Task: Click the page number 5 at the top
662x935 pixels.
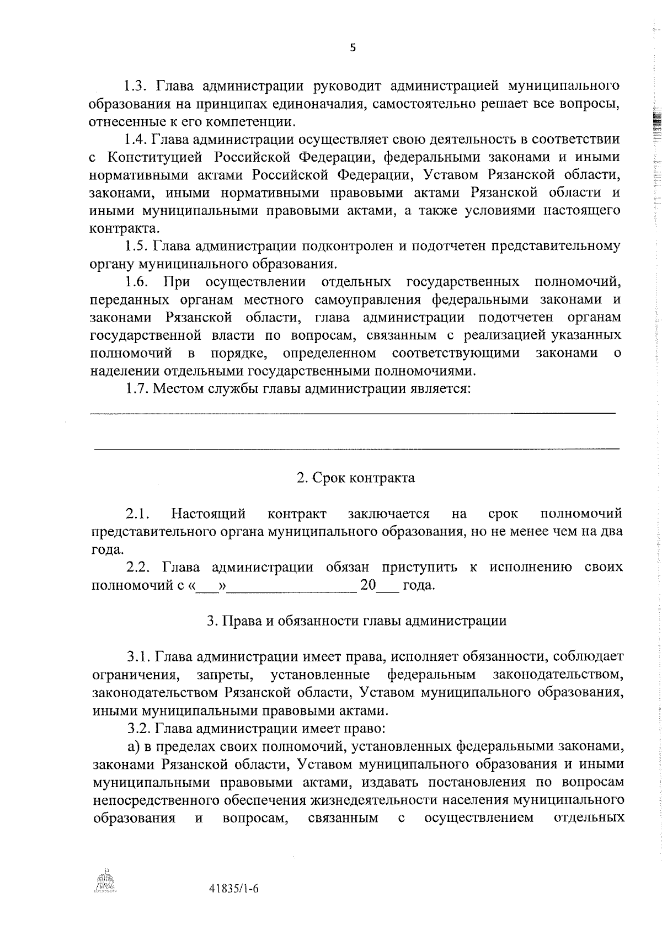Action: pos(353,48)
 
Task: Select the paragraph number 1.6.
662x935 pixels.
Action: pos(136,282)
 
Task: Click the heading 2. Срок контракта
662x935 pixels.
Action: pos(356,478)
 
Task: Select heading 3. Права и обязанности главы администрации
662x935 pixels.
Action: pos(356,621)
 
